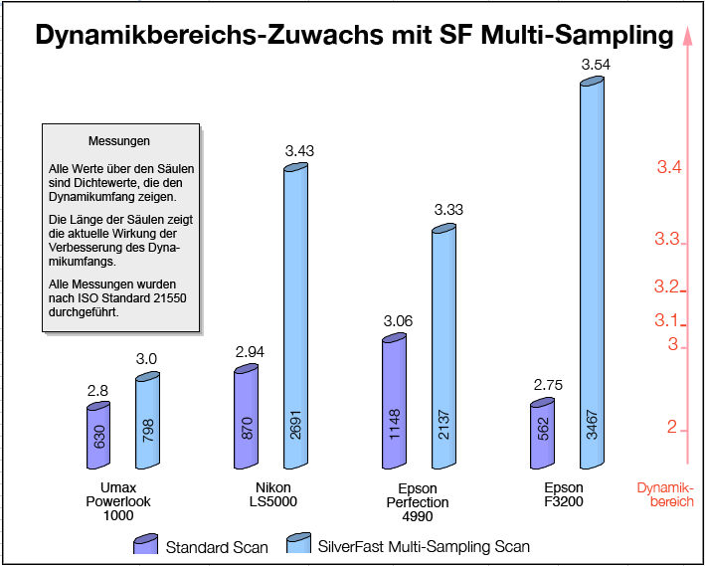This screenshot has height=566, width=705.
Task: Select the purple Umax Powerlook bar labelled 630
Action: [x=98, y=436]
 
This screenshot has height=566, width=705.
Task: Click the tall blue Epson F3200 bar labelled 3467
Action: [x=592, y=273]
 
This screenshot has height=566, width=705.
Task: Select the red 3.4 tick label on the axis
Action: [x=668, y=167]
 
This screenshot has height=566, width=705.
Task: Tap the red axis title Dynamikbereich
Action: [x=665, y=494]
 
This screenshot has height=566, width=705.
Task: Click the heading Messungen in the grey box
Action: [x=118, y=141]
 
